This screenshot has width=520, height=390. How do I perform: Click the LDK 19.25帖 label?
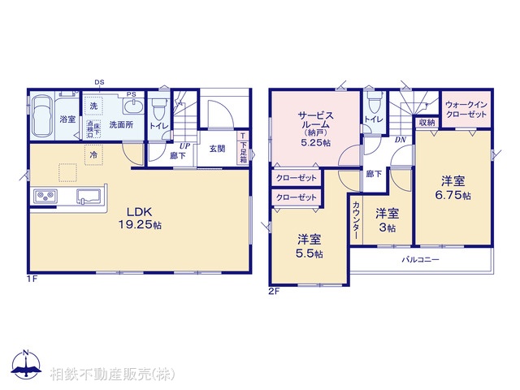(x=139, y=218)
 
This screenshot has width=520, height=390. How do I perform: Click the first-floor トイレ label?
(x=158, y=127)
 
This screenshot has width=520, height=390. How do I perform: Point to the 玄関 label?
(x=217, y=149)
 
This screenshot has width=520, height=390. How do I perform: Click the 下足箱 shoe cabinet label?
(x=242, y=148)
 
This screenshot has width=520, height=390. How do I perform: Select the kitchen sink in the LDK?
(x=89, y=196)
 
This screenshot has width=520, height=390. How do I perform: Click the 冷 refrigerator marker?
(x=93, y=154)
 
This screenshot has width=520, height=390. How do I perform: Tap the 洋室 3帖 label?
(x=387, y=221)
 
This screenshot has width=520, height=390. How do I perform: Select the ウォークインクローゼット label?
(x=467, y=110)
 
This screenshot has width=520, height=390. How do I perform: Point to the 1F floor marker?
(x=31, y=279)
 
